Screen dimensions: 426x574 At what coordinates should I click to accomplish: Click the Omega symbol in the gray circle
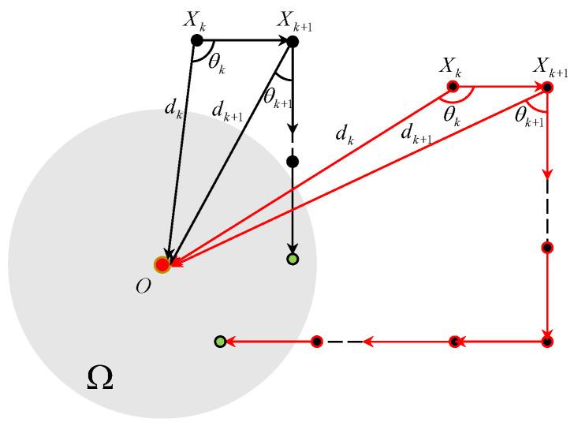pos(99,379)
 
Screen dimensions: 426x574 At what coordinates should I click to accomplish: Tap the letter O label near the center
pos(143,286)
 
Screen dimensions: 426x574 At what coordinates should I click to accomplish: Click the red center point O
pos(162,265)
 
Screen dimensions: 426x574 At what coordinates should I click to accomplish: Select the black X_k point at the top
pos(197,40)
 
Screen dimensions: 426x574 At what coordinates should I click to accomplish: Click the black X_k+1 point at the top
pos(293,41)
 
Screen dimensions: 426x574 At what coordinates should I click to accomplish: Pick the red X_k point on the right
pos(453,87)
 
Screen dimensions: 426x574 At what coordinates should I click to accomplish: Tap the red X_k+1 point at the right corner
pos(548,87)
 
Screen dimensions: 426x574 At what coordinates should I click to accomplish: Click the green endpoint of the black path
pos(293,259)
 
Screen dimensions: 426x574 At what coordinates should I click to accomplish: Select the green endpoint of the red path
pos(221,342)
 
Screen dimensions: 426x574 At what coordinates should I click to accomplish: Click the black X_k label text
pos(195,20)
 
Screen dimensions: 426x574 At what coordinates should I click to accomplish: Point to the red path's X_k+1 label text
pos(550,67)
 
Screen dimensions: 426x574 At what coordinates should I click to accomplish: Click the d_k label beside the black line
pos(173,108)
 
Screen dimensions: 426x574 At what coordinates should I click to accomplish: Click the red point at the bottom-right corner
pos(548,342)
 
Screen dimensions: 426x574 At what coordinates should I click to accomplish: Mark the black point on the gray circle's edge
pos(293,162)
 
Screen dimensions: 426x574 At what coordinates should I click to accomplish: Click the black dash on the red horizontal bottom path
pos(344,342)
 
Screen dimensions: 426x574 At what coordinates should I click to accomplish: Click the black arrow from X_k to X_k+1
pos(244,40)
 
